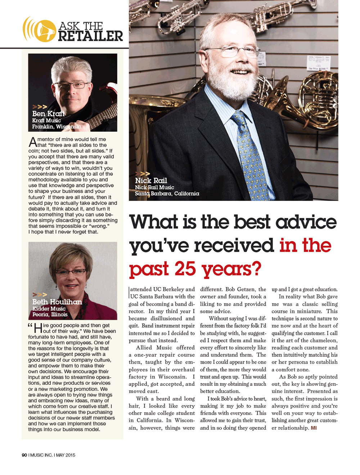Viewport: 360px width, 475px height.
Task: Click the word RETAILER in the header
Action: (90, 36)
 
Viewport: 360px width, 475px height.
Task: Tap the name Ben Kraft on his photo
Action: (49, 114)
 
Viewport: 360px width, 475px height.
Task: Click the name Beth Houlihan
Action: (57, 302)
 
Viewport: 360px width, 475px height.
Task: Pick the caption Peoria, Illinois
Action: (50, 314)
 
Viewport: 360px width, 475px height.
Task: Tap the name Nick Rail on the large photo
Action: (151, 180)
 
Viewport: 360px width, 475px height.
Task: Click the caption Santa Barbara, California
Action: (167, 194)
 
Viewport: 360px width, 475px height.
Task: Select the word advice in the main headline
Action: (306, 222)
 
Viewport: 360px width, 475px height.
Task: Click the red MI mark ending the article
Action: (314, 428)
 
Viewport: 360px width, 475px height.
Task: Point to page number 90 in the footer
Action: (24, 455)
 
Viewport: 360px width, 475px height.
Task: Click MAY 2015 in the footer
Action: (66, 455)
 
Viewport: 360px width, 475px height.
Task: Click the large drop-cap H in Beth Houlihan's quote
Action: (38, 328)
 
